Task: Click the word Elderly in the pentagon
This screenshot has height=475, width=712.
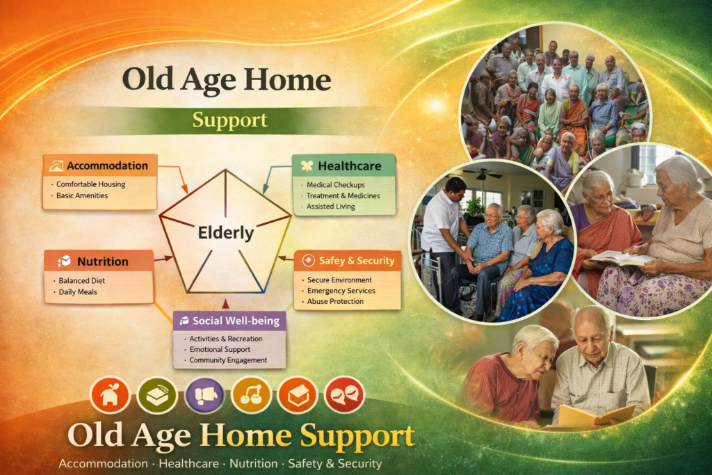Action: pos(226,233)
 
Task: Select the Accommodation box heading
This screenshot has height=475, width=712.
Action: pos(107,166)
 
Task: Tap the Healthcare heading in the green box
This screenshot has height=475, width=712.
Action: pos(350,166)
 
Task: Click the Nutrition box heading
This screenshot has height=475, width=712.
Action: pos(103,261)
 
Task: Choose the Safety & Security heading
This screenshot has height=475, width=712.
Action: pos(357,261)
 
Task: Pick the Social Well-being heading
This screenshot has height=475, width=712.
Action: pos(236,321)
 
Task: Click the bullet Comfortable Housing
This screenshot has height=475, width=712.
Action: pos(91,184)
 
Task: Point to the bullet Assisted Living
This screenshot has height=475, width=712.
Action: pos(330,207)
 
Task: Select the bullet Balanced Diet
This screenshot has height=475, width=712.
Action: pos(82,281)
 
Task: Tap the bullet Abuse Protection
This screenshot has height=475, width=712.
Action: pos(335,302)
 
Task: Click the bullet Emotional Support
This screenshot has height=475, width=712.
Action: pos(220,350)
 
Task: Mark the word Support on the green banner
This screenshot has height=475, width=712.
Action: pos(229,120)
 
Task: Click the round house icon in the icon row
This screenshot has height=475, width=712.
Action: pos(110,394)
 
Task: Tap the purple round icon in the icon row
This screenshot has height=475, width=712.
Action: pos(205,395)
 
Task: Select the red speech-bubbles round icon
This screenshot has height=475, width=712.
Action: pos(344,395)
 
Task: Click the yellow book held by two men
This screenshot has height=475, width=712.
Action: pos(596,415)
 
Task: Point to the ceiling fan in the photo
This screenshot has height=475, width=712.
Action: pos(483,174)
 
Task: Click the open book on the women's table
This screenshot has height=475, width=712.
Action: pos(622,257)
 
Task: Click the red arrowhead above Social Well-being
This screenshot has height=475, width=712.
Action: pos(225,304)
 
